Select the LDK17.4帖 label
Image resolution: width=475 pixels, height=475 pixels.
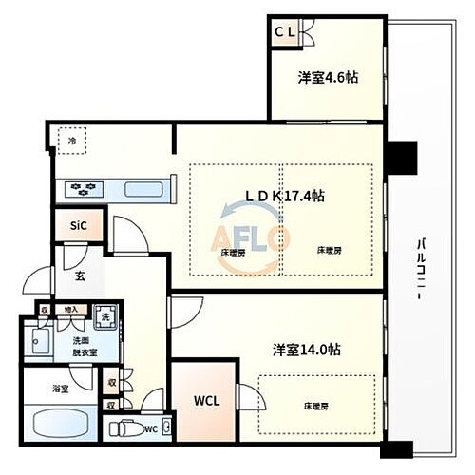(x=286, y=195)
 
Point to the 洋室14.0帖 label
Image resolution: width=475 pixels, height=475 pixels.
(x=304, y=348)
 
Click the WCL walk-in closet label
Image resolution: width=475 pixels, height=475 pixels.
(x=206, y=400)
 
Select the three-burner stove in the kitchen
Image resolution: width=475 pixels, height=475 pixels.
(x=83, y=189)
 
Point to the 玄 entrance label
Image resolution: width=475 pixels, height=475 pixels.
(x=81, y=276)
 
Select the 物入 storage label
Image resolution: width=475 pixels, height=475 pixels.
(x=71, y=309)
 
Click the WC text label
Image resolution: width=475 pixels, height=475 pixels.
(x=149, y=428)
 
